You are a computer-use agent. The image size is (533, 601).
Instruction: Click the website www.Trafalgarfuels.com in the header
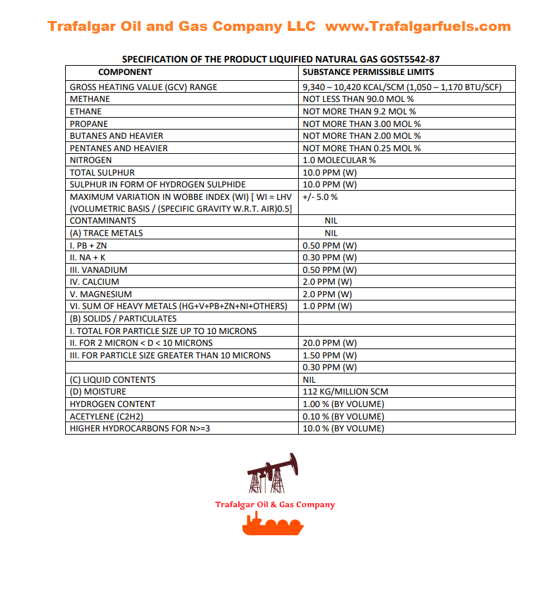point(418,26)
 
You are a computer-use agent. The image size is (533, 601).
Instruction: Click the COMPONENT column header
point(125,72)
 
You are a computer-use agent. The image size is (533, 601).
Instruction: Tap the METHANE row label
point(90,99)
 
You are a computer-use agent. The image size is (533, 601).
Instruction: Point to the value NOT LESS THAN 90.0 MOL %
point(358,99)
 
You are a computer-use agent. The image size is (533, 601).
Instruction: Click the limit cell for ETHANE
point(359,112)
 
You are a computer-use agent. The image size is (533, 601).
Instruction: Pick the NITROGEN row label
point(91,160)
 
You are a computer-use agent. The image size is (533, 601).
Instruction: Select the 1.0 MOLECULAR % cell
point(340,160)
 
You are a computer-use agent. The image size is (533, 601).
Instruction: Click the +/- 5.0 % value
point(320,197)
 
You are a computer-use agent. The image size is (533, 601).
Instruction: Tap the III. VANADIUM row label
point(99,270)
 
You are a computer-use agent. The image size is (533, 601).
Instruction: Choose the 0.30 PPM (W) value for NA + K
point(330,258)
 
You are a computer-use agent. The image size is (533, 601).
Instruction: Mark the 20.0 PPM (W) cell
point(330,343)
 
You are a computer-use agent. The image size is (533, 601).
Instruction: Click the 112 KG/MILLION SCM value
point(345,392)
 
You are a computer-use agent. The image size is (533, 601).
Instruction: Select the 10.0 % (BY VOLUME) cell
point(343,429)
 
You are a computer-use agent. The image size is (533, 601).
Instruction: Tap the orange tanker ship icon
point(272,525)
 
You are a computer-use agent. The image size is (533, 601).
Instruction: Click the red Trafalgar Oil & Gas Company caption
point(275,505)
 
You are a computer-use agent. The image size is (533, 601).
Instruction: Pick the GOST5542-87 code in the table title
point(407,59)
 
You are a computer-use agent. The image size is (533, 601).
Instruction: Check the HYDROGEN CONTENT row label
point(113,404)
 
